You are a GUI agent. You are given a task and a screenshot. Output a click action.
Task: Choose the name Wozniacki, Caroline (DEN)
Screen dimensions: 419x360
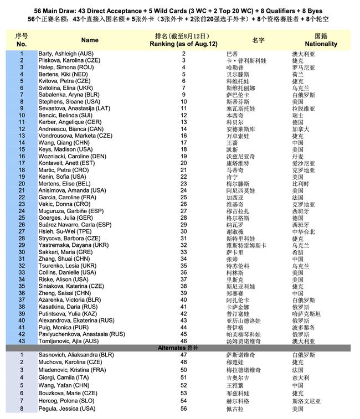click(72, 156)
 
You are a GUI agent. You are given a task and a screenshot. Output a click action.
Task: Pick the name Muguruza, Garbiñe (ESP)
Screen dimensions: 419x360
click(71, 211)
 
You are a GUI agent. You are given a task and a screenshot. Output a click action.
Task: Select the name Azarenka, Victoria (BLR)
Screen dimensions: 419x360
click(70, 300)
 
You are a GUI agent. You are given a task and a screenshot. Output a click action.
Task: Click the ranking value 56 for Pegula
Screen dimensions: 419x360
click(184, 409)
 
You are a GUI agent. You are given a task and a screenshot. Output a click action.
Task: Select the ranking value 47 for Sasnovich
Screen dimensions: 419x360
click(184, 354)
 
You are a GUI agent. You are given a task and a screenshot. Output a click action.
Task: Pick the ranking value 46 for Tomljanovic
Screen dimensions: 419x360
click(184, 341)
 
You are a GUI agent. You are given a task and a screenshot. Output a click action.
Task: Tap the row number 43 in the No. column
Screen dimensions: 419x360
click(22, 341)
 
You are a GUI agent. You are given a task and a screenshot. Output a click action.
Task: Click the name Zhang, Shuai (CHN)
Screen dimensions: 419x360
click(63, 258)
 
